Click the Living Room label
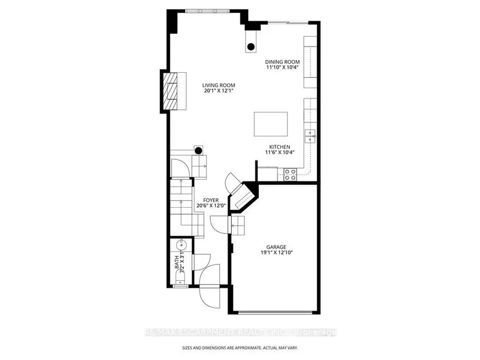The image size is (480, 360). (219, 85)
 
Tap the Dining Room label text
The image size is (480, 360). (282, 62)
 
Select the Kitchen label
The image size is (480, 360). (279, 147)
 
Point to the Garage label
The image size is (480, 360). (276, 247)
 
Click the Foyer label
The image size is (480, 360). (211, 201)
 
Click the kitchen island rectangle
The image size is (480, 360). (271, 124)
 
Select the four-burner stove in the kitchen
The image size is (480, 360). (290, 174)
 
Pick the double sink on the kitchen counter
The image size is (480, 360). (310, 136)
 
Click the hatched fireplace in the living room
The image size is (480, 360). (170, 91)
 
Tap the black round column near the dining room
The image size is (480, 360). (251, 47)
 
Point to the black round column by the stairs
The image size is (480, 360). (198, 151)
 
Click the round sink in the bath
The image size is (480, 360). (181, 245)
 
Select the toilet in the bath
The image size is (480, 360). (180, 279)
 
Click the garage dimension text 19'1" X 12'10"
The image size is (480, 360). (276, 252)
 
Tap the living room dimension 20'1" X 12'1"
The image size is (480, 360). (219, 91)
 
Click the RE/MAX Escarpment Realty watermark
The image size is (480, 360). (240, 333)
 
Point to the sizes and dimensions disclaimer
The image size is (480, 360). (240, 348)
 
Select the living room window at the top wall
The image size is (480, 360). (207, 11)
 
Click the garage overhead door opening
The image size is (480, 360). (275, 312)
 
